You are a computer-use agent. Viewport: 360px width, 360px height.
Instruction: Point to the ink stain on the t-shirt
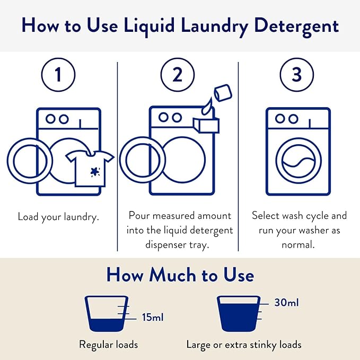pos(95,171)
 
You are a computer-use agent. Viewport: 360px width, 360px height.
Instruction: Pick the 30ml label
pos(286,303)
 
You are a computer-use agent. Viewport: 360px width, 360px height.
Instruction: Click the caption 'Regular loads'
pos(108,345)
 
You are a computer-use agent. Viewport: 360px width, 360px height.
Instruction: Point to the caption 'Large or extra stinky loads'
pos(244,345)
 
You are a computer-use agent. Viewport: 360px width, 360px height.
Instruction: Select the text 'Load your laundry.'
pos(58,217)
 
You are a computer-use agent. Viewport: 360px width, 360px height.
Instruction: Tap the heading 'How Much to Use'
pos(180,275)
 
